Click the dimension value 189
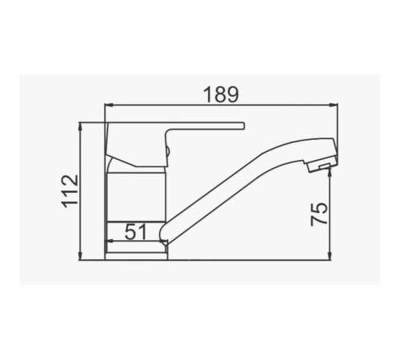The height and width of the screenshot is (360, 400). (x=221, y=94)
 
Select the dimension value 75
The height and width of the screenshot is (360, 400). (x=319, y=214)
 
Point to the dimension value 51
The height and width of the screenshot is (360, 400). (x=136, y=231)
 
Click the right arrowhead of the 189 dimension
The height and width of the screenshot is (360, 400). (x=333, y=106)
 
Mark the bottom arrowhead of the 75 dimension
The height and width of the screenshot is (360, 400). (x=330, y=255)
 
